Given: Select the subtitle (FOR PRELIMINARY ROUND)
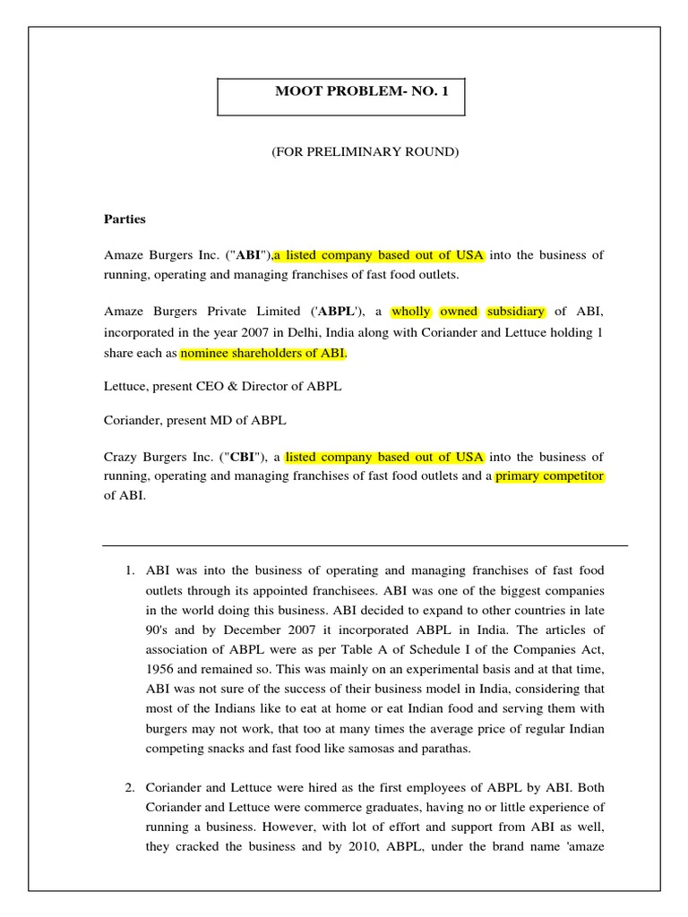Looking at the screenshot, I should tap(365, 152).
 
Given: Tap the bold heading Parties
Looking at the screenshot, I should tap(125, 219).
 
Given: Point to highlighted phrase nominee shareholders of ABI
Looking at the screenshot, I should tap(262, 353).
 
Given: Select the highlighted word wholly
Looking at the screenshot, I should tap(410, 312).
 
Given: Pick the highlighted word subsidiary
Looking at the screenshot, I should tap(515, 312).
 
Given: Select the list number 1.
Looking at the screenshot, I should tap(129, 570).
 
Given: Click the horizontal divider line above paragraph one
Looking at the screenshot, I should tap(365, 545).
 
